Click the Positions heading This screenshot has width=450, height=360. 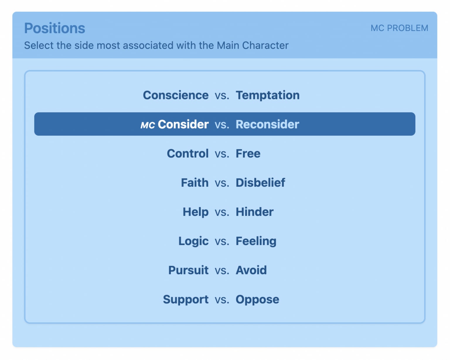coord(54,28)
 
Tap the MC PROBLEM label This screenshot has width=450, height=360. coord(399,28)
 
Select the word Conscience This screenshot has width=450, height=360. coord(176,95)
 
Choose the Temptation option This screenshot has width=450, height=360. coord(268,95)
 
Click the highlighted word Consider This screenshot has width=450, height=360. coord(183,124)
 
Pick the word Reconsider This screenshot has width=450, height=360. coord(267,124)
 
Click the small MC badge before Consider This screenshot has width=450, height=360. coord(148,125)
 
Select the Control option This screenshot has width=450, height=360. coord(187,153)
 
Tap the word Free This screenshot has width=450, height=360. coord(248,153)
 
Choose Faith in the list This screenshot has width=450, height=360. coord(195,183)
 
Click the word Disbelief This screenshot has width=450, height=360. coord(260,183)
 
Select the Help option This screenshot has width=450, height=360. coord(195,212)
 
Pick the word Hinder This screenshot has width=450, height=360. coord(255,212)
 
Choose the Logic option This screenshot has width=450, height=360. coord(193,241)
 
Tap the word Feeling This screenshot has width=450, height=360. coord(256,241)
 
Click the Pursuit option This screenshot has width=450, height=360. coord(188,270)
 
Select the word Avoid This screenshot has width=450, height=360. coord(251,270)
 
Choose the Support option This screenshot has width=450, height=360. coord(186,300)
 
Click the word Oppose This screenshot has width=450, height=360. coord(258,300)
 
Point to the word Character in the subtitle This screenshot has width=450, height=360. coord(265,45)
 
